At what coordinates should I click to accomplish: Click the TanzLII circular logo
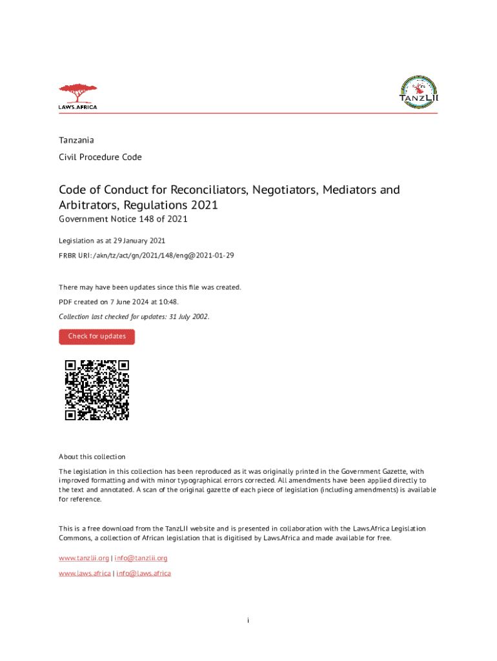click(419, 94)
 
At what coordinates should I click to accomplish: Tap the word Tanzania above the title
click(76, 140)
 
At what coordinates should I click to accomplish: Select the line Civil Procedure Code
click(100, 157)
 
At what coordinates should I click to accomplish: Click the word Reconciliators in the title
click(207, 190)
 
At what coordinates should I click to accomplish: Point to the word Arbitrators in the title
click(88, 205)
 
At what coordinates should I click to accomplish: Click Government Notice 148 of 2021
click(123, 219)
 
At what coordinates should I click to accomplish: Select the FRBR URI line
click(146, 256)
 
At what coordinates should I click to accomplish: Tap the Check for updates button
click(97, 336)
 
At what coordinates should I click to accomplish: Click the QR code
click(97, 390)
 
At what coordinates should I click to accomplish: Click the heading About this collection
click(92, 456)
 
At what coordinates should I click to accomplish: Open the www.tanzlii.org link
click(84, 558)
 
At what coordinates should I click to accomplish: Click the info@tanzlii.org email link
click(142, 558)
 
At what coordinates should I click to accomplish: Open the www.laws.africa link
click(85, 573)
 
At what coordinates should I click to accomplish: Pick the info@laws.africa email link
click(144, 573)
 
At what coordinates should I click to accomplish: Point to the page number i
click(249, 621)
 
